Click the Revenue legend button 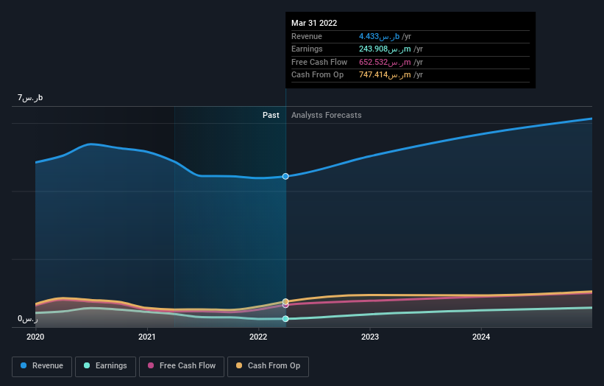point(42,365)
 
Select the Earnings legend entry point(105,365)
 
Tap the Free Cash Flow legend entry point(181,365)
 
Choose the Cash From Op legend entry point(268,365)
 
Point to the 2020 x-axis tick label point(35,337)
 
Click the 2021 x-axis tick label point(147,337)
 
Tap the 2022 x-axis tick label point(258,337)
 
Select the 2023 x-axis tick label point(370,337)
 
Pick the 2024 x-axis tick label point(481,337)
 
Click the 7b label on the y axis point(30,97)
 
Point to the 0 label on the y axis point(28,319)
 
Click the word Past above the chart point(271,115)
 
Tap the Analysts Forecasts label point(326,115)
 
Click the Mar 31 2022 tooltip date point(314,23)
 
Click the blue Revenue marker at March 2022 point(285,176)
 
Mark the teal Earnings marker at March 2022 point(285,319)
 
